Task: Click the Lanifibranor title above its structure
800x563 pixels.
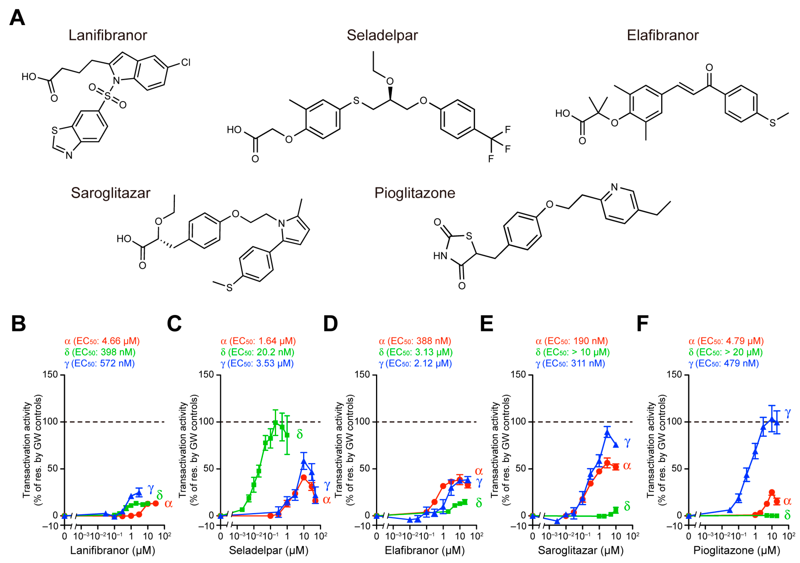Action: coord(108,35)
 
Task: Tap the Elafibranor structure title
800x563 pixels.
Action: coord(662,35)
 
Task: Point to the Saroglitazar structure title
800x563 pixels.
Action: coord(111,193)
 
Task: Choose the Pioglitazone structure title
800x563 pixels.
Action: coord(415,193)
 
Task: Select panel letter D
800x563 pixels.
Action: coord(330,323)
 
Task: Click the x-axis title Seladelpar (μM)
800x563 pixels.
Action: coord(269,550)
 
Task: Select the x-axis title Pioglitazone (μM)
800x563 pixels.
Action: coord(737,550)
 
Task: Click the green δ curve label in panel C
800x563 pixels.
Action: coord(299,434)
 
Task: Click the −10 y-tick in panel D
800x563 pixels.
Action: coord(362,526)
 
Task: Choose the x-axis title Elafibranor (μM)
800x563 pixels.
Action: coord(425,550)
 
